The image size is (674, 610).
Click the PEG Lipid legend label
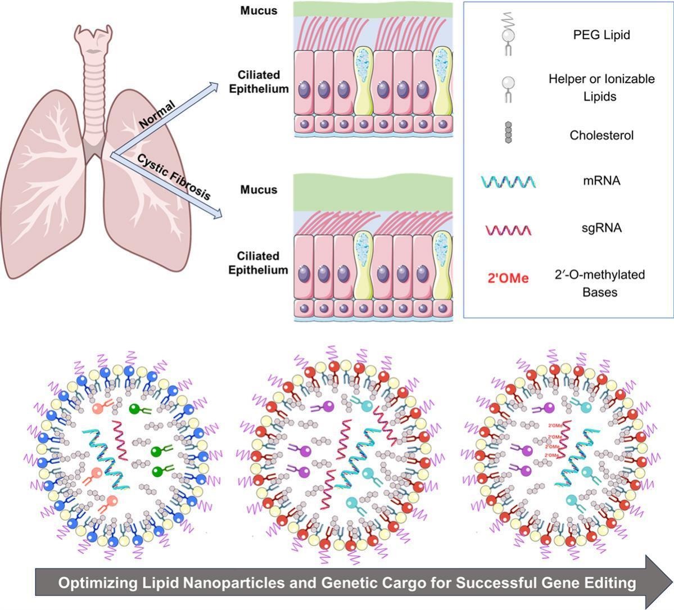click(x=601, y=35)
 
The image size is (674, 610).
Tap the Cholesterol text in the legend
click(x=601, y=135)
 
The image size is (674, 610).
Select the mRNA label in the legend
click(x=601, y=181)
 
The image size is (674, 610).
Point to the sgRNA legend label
click(x=601, y=228)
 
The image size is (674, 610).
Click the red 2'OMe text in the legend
click(x=508, y=278)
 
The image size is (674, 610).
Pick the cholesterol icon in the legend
click(x=509, y=133)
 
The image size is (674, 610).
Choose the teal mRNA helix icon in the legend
click(x=508, y=182)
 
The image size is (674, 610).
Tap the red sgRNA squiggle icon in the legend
click(x=508, y=230)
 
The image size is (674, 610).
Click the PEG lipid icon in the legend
click(x=508, y=34)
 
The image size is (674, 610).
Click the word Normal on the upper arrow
click(x=157, y=114)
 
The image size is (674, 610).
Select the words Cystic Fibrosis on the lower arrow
click(x=174, y=177)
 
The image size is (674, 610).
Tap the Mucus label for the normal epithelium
click(x=259, y=11)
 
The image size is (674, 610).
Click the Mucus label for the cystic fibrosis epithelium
click(x=259, y=189)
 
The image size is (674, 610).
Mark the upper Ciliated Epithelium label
click(x=259, y=82)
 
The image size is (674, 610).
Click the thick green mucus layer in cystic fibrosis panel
click(x=373, y=193)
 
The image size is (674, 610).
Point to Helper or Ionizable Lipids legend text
click(x=601, y=88)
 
